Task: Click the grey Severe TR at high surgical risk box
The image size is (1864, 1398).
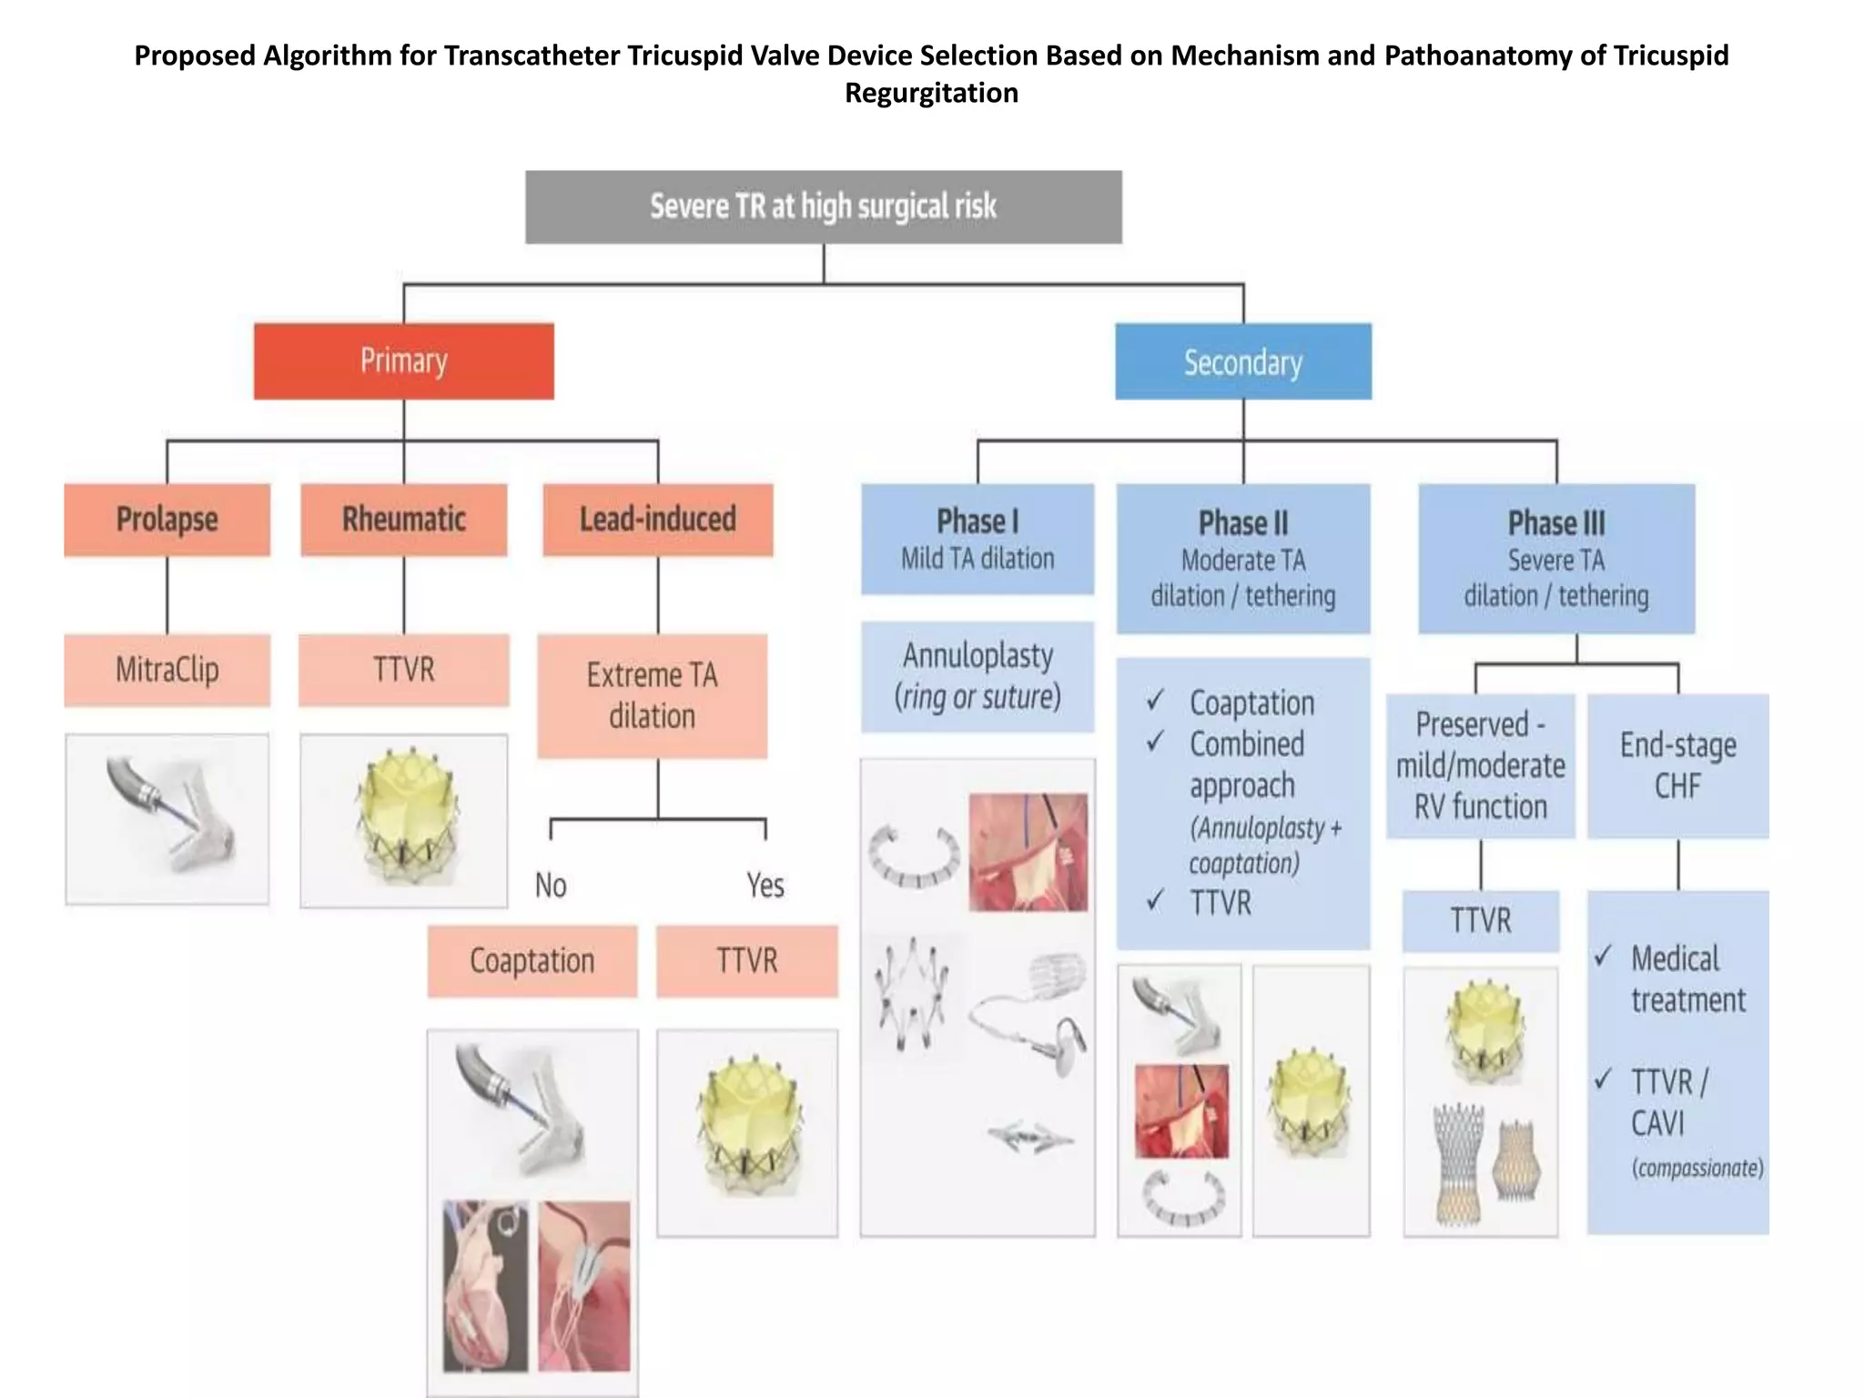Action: click(823, 207)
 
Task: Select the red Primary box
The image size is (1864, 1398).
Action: click(403, 361)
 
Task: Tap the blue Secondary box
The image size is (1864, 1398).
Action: click(1242, 361)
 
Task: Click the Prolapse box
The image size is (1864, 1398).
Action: click(167, 520)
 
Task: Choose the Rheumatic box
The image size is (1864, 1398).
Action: click(403, 520)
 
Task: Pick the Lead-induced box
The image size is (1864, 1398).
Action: click(657, 520)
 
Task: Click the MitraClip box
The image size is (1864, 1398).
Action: click(167, 671)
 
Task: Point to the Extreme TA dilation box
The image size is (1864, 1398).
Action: click(652, 696)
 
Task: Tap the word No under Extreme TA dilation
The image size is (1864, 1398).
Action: click(551, 885)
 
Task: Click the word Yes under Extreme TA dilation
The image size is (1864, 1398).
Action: click(765, 885)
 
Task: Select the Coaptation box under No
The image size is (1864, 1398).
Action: click(532, 961)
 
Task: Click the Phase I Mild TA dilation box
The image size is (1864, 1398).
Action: click(978, 539)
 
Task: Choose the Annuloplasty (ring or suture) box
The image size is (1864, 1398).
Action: click(978, 676)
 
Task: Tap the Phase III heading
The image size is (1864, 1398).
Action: click(1556, 523)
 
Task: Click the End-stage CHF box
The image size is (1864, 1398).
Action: click(1677, 765)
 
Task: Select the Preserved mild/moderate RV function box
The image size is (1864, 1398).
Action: click(1480, 765)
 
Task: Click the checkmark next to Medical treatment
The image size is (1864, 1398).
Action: click(1604, 956)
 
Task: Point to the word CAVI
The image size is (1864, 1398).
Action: click(1657, 1124)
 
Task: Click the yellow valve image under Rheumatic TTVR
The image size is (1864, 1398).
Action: click(404, 819)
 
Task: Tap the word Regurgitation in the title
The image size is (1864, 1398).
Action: click(931, 93)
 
